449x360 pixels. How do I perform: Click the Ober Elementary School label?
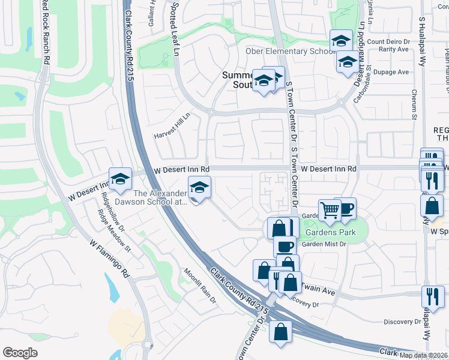click(289, 51)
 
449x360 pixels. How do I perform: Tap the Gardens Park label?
click(330, 232)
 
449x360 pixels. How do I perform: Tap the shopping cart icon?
click(329, 210)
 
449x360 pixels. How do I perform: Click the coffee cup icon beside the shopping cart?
click(345, 208)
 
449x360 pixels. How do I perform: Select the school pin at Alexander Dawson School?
click(200, 187)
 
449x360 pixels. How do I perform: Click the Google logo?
click(20, 353)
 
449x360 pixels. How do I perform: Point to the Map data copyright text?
click(423, 355)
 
